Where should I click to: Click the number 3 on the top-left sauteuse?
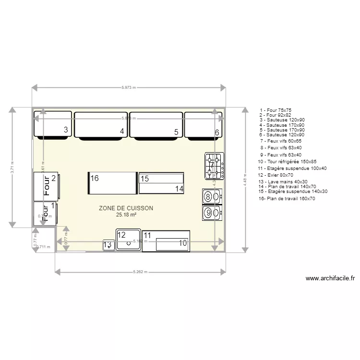point(66,130)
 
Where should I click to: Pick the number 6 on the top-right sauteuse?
point(217,132)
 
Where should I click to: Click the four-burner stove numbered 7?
point(214,166)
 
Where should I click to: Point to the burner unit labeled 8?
point(212,196)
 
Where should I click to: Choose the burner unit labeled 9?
point(212,212)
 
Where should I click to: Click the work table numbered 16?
point(111,183)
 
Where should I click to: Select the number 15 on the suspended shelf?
point(145,179)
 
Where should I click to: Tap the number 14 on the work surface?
point(179,189)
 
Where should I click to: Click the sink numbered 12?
point(128,240)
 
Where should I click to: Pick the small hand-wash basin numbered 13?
point(108,245)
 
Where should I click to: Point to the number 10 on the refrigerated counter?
point(183,243)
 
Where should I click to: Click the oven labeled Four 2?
point(46,186)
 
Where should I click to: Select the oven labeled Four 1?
point(45,213)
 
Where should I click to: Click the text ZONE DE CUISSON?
point(126,208)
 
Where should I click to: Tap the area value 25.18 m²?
point(126,215)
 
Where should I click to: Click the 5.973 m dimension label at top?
point(128,88)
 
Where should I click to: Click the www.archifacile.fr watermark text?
point(330,278)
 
